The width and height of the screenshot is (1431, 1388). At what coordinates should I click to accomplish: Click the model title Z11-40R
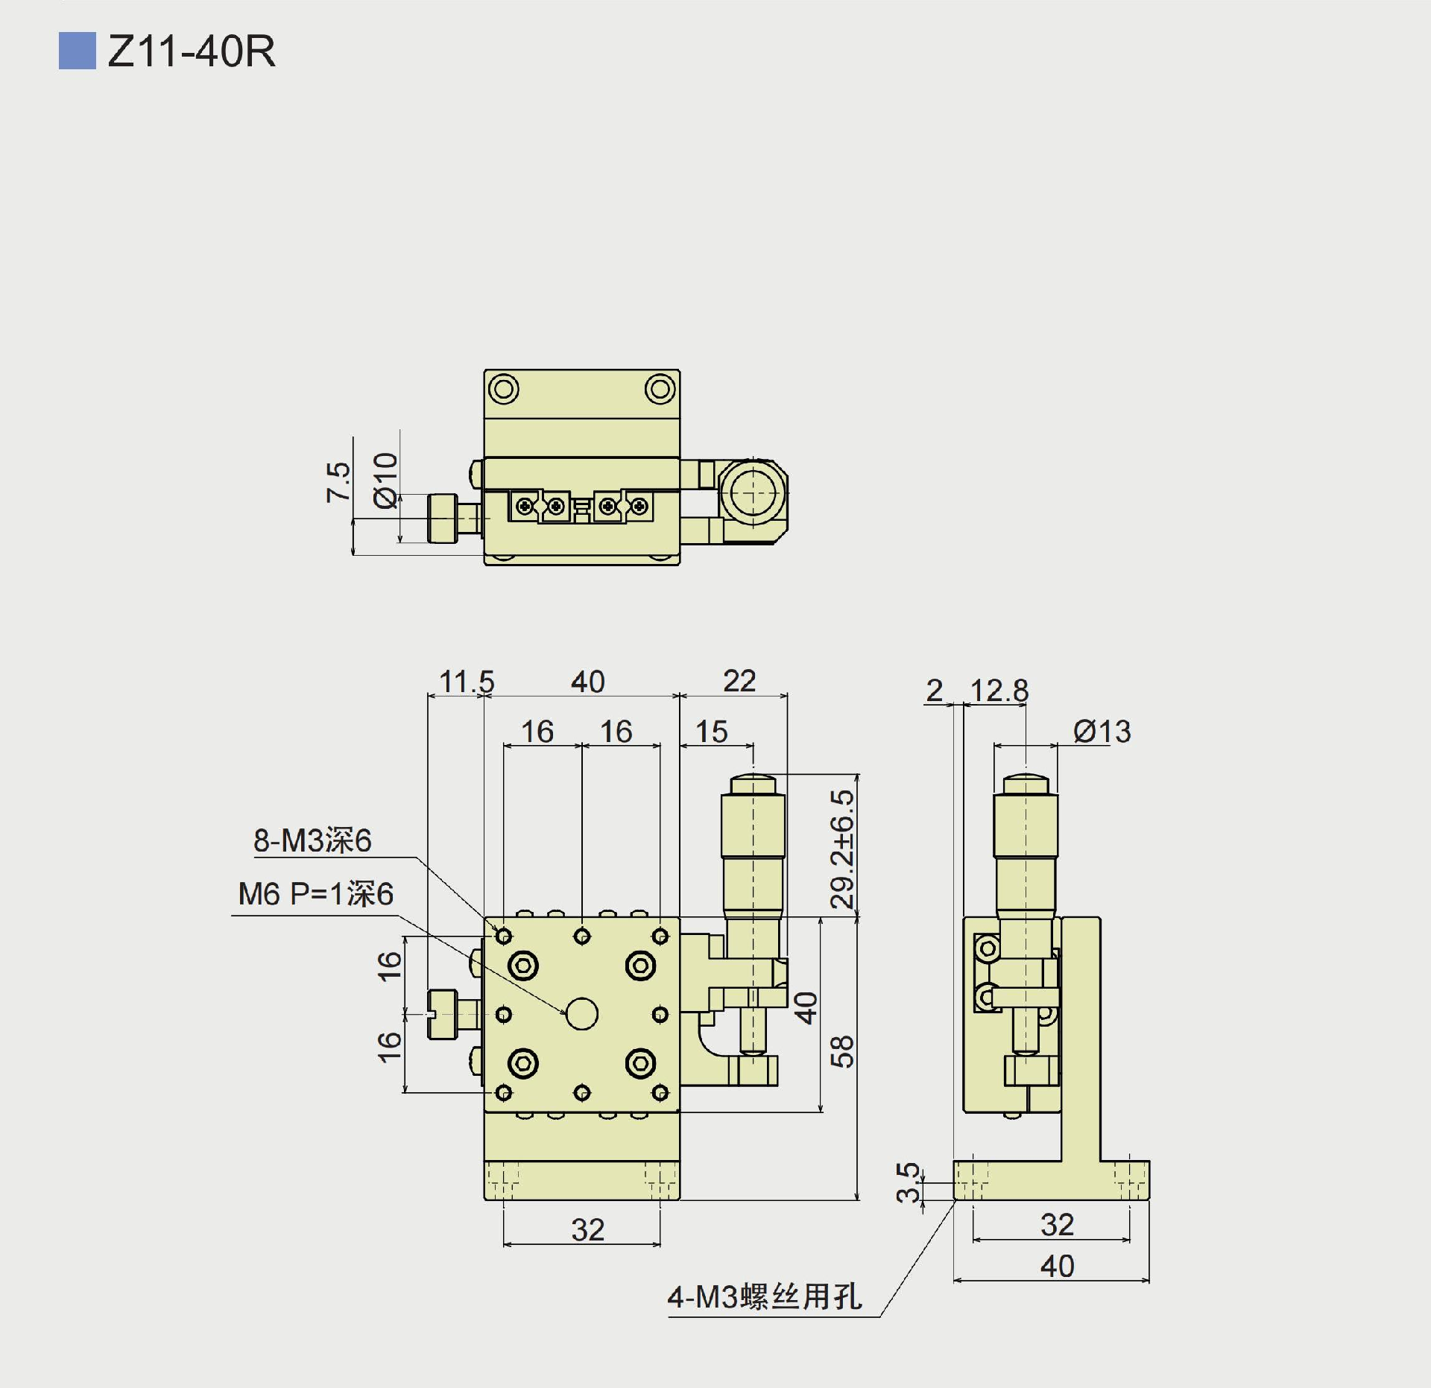point(192,51)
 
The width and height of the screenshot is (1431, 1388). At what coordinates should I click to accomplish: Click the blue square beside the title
point(77,51)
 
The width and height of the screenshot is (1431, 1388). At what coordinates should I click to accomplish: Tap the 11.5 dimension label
point(467,682)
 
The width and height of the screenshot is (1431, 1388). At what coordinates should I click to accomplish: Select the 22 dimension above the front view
point(739,681)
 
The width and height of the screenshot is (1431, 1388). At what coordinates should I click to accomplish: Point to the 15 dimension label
point(712,732)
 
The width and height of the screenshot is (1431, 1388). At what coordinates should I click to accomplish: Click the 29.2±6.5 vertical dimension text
point(843,849)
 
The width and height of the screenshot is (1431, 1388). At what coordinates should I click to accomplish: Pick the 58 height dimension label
point(842,1051)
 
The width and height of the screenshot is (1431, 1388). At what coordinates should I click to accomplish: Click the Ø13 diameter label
point(1102,732)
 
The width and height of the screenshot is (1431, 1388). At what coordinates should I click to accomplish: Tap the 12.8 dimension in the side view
point(999,691)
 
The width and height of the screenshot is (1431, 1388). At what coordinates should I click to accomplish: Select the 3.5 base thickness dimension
point(909,1182)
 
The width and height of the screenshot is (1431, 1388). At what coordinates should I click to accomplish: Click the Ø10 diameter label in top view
point(386,481)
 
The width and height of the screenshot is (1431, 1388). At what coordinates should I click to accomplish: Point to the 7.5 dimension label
point(338,482)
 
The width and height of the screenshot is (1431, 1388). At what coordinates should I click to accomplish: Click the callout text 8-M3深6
point(312,840)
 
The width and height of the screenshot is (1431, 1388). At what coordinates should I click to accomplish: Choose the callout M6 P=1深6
point(315,894)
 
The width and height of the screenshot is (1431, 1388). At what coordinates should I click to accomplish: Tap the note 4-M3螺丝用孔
point(765,1297)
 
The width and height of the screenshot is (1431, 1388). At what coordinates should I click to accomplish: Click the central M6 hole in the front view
point(582,1014)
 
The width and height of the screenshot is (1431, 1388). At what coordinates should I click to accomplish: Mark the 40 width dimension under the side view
point(1057,1266)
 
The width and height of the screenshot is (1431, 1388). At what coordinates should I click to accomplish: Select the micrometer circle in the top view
point(754,492)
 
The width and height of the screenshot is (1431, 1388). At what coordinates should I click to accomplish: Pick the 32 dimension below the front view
point(587,1230)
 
